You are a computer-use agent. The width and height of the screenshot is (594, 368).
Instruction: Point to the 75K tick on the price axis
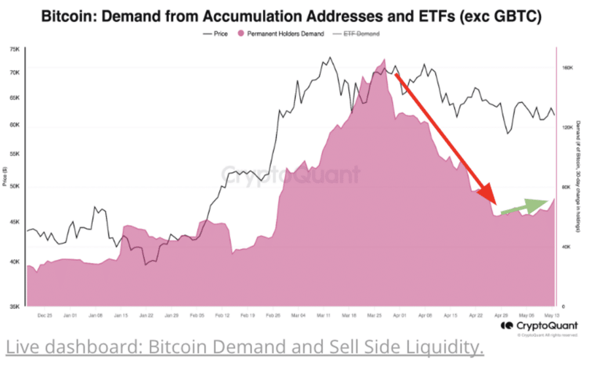click(x=15, y=50)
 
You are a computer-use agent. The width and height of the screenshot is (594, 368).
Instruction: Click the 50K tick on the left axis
click(x=15, y=187)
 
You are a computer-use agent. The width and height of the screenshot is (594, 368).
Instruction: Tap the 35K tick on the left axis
click(x=15, y=306)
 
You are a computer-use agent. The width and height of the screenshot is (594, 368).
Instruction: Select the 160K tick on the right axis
click(x=567, y=67)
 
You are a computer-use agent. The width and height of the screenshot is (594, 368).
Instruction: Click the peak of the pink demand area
click(x=383, y=60)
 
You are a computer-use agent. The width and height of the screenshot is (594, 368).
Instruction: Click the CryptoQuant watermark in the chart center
click(x=291, y=175)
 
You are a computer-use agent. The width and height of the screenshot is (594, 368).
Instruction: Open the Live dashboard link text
click(x=244, y=347)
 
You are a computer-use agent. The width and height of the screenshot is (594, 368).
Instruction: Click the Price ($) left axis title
click(x=5, y=176)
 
